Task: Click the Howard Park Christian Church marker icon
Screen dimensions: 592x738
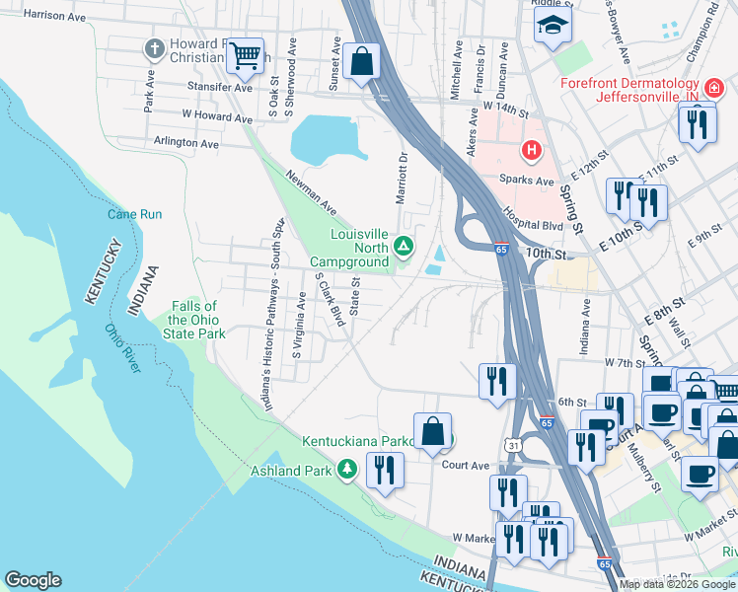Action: [x=154, y=48]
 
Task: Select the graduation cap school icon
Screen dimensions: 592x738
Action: [x=553, y=27]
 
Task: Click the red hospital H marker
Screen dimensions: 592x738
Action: [x=532, y=151]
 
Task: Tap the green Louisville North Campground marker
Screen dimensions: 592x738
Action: [x=403, y=246]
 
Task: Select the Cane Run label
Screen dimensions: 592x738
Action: [x=135, y=214]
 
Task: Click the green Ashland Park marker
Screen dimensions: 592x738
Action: [x=346, y=470]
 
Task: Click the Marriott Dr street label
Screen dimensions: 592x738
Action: [x=402, y=178]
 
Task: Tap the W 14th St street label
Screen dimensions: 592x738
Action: [x=507, y=105]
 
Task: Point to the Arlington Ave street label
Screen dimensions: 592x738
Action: [x=185, y=143]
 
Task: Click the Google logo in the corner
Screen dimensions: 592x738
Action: [x=33, y=580]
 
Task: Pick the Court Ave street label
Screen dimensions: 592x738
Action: [x=466, y=465]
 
